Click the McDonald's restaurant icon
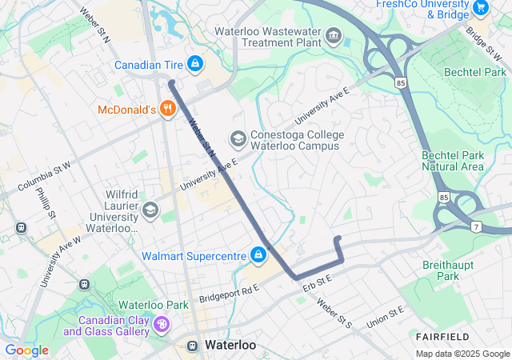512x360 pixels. click(x=167, y=110)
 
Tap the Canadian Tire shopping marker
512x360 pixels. click(x=194, y=63)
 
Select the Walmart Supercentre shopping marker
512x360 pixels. click(x=258, y=255)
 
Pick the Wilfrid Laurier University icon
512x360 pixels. click(x=150, y=210)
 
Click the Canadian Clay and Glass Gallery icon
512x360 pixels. click(x=162, y=324)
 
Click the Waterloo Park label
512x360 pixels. click(x=154, y=305)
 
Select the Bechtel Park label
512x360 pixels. click(x=476, y=72)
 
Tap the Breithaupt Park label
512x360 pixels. click(x=448, y=270)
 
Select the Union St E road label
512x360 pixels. click(x=386, y=317)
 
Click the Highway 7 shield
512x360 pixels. click(x=474, y=226)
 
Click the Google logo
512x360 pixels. click(x=26, y=350)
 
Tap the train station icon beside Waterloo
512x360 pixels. click(x=193, y=346)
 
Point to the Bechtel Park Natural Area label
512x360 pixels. click(x=453, y=161)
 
